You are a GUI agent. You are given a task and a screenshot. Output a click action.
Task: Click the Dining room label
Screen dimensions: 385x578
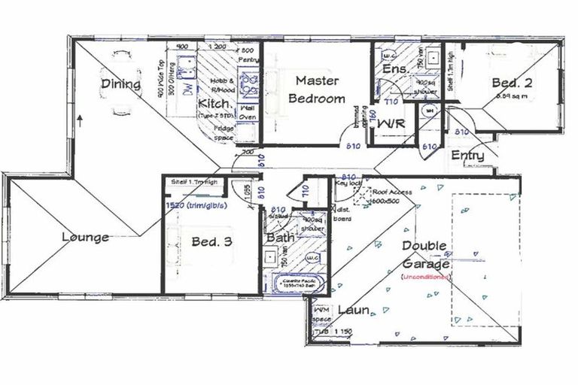point(120,84)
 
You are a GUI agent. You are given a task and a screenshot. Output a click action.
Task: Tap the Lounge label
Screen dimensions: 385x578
point(85,238)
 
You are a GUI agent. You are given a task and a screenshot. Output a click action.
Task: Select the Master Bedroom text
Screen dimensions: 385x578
point(320,89)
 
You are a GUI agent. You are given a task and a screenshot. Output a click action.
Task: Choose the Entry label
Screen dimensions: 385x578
point(467,155)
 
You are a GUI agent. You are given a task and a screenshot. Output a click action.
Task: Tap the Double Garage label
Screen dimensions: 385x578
point(425,255)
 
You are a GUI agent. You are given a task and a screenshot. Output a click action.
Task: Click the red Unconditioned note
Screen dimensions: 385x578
point(425,277)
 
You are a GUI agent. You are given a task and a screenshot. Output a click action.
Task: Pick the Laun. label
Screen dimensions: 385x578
point(352,310)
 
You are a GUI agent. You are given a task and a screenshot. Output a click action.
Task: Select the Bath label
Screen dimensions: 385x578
point(279,238)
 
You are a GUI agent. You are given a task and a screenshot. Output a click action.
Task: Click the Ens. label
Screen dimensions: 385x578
point(395,69)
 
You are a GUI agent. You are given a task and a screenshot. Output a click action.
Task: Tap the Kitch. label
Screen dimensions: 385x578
point(212,103)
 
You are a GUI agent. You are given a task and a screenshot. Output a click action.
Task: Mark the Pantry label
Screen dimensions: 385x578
point(248,59)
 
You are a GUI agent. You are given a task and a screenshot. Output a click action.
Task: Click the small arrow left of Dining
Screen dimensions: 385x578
point(79,118)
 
